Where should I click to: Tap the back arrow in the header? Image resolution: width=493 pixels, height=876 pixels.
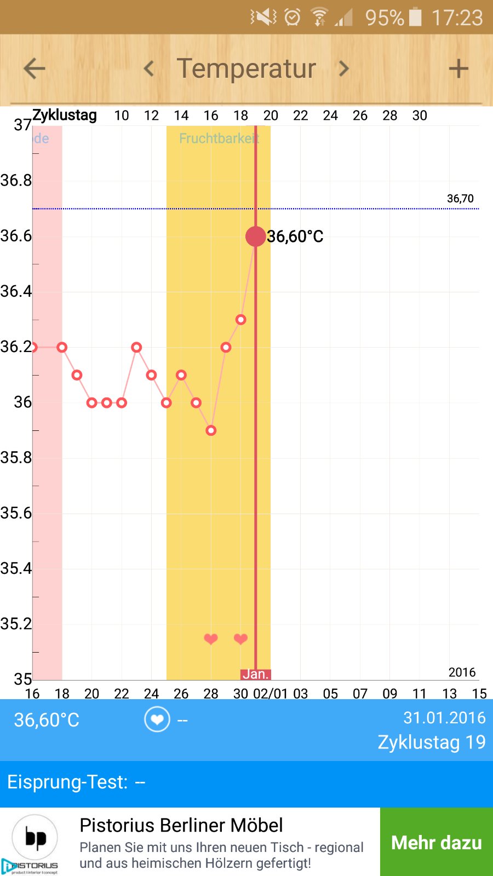pyautogui.click(x=34, y=68)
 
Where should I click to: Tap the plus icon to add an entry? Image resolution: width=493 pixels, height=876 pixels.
pyautogui.click(x=458, y=68)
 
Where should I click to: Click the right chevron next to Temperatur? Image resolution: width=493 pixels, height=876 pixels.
pyautogui.click(x=344, y=68)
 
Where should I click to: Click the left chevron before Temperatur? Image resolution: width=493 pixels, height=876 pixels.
pyautogui.click(x=148, y=68)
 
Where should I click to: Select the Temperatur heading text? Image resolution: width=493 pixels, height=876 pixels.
pyautogui.click(x=246, y=68)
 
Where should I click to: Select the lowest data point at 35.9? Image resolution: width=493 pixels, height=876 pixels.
pyautogui.click(x=211, y=430)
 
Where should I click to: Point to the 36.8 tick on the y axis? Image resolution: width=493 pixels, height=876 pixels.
pyautogui.click(x=16, y=180)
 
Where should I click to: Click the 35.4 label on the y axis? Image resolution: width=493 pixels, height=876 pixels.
pyautogui.click(x=16, y=568)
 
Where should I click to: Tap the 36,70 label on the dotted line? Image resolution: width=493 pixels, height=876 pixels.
pyautogui.click(x=460, y=198)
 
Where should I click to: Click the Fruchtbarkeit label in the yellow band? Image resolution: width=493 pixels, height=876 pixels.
pyautogui.click(x=219, y=139)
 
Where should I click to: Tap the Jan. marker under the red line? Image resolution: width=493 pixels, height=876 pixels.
pyautogui.click(x=255, y=674)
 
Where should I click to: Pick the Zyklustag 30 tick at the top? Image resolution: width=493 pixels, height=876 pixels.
pyautogui.click(x=420, y=116)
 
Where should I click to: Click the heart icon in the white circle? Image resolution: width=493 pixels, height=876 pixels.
pyautogui.click(x=157, y=719)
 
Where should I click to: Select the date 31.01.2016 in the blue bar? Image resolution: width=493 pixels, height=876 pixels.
pyautogui.click(x=444, y=718)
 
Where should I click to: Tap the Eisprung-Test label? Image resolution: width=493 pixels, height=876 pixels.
pyautogui.click(x=67, y=782)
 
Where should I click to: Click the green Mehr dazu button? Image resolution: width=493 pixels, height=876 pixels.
pyautogui.click(x=437, y=842)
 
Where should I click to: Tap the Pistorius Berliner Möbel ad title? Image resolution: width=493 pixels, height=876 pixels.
pyautogui.click(x=181, y=825)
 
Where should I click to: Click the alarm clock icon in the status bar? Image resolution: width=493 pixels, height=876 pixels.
pyautogui.click(x=293, y=18)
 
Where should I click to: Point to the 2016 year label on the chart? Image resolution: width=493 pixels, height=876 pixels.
pyautogui.click(x=462, y=672)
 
